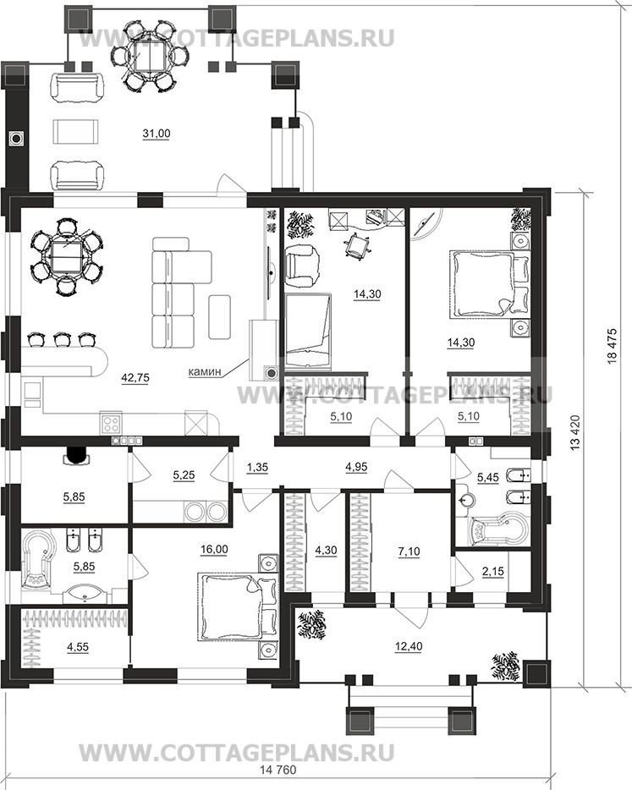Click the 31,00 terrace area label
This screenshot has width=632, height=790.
pos(157,134)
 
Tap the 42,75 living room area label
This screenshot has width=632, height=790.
pos(135,377)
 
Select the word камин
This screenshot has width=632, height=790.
pos(205,372)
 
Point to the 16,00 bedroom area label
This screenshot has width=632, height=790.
pos(214,549)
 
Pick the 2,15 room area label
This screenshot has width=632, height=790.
pos(493,572)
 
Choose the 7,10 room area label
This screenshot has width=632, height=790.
pos(409,551)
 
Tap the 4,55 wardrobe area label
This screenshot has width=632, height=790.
pos(77,647)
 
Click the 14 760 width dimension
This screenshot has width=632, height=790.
pos(278,784)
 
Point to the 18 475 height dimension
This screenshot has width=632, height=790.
pos(613,346)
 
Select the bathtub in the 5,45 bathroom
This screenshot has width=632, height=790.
pos(497,530)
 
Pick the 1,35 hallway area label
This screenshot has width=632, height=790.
pos(257,468)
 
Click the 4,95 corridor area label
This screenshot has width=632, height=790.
pos(356,467)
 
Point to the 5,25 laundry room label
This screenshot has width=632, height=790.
pos(184,475)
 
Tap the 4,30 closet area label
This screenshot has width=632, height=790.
pos(326,550)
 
